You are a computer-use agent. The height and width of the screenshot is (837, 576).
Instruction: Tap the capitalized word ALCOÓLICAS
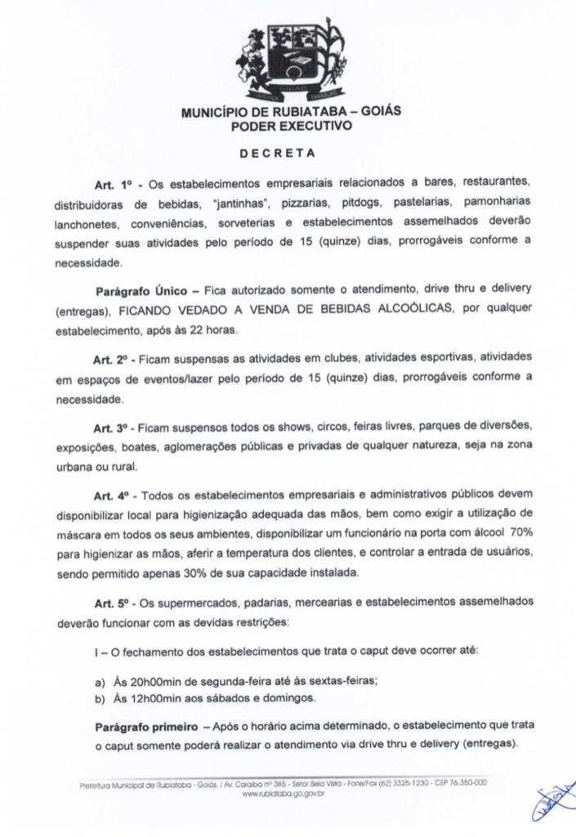(424, 311)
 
